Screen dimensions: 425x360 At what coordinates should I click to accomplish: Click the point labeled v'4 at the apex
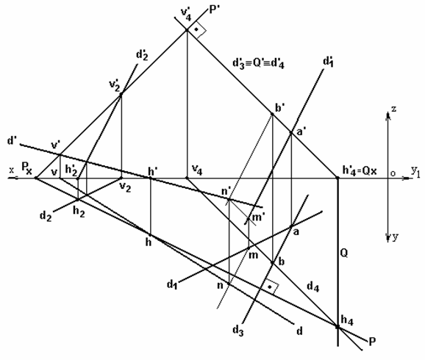187,30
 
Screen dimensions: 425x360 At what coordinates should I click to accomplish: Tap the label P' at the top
215,10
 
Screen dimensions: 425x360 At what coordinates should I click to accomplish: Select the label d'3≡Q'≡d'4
258,63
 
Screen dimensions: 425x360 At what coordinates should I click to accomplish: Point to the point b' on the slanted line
272,114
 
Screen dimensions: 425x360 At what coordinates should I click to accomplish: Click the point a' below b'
291,132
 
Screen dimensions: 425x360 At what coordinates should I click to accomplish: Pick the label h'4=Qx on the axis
360,170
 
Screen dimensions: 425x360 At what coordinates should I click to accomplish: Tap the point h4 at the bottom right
337,327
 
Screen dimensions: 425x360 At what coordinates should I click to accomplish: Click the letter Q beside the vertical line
344,253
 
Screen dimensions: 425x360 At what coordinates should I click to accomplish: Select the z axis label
394,109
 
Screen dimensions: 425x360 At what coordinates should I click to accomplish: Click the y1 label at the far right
415,171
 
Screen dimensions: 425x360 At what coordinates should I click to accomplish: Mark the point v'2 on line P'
121,94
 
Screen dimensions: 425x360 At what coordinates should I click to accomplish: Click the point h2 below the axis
78,199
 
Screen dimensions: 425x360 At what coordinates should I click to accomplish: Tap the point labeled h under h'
150,234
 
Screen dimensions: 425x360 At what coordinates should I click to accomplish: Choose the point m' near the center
249,218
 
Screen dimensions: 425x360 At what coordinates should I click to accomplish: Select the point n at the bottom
229,284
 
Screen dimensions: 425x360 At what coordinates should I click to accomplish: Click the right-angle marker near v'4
197,30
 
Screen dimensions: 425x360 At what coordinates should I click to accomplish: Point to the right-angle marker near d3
271,287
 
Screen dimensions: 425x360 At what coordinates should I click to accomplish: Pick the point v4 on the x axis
187,178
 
